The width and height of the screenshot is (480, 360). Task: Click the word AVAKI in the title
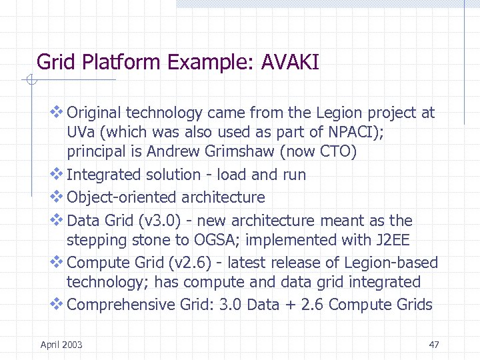(x=291, y=63)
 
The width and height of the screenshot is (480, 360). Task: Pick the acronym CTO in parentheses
(x=333, y=152)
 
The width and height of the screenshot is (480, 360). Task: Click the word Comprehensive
(x=121, y=305)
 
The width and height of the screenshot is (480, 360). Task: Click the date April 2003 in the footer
(x=61, y=345)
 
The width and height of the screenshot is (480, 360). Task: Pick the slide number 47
(x=434, y=345)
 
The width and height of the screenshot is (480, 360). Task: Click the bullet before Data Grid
(x=57, y=220)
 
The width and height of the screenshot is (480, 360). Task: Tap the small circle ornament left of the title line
(x=30, y=81)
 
